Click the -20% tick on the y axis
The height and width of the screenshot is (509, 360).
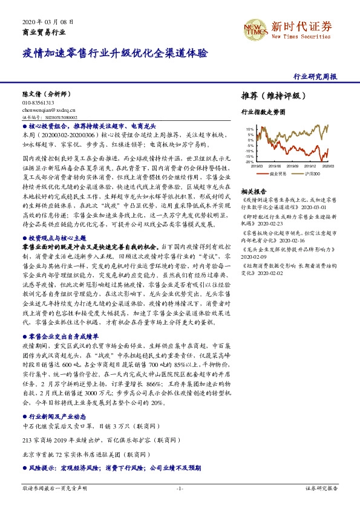pyautogui.click(x=250, y=162)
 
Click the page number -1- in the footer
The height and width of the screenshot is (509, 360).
pyautogui.click(x=180, y=487)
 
